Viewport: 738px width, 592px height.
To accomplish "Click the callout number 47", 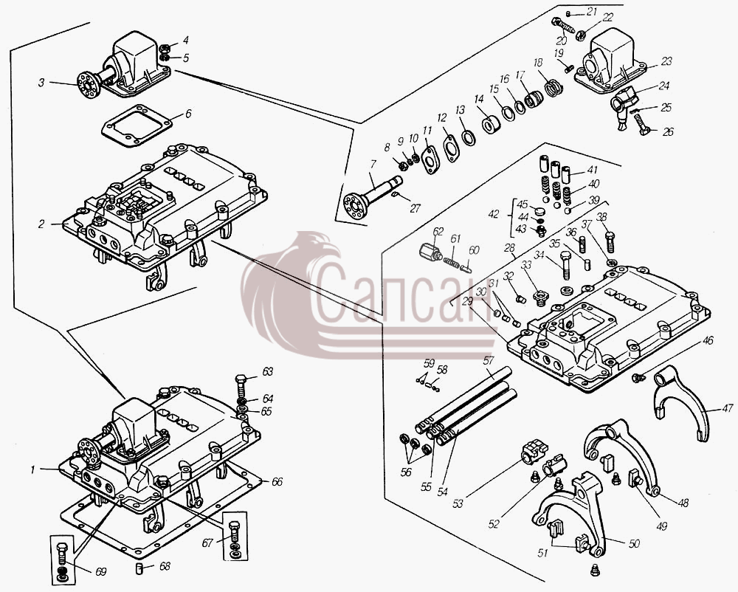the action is click(727, 410).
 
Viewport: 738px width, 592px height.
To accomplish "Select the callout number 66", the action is click(277, 482).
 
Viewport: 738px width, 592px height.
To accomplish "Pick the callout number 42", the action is click(494, 215).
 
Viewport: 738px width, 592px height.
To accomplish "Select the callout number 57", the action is click(489, 361).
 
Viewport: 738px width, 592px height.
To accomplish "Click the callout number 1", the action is click(33, 469).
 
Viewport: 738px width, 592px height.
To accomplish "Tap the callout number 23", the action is click(666, 61).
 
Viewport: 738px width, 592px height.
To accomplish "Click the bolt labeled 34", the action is click(566, 266).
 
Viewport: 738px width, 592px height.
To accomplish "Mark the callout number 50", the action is click(634, 543).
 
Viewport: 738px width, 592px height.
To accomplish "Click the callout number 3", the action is click(41, 83).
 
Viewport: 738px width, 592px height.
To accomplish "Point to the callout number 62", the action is click(438, 232).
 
